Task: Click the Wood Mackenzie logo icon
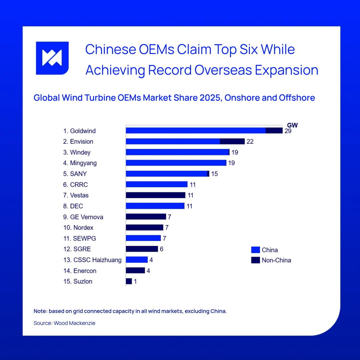(52, 58)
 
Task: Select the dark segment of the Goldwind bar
(274, 131)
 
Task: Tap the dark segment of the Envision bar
(232, 141)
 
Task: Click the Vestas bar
(155, 195)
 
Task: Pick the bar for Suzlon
(129, 281)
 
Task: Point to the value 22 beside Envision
(250, 141)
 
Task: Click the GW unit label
(292, 125)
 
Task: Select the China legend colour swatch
(255, 250)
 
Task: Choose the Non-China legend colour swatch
(255, 260)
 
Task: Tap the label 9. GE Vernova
(83, 217)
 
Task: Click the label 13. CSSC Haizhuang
(92, 260)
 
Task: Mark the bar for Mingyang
(176, 163)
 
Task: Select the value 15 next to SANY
(214, 174)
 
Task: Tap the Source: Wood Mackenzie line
(64, 323)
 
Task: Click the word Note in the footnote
(40, 311)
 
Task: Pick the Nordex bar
(144, 228)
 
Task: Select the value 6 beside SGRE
(161, 249)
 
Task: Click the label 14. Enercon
(80, 271)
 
